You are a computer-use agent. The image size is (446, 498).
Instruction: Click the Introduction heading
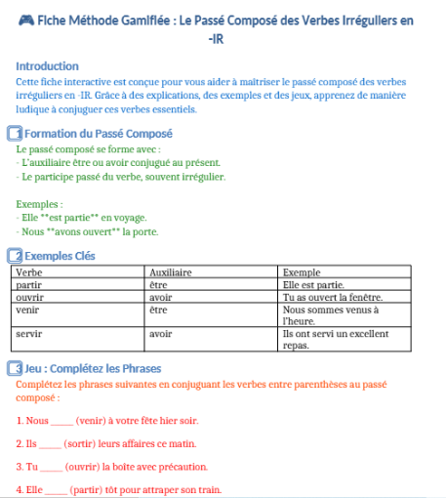click(x=48, y=65)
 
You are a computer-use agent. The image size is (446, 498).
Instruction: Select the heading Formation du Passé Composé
click(x=98, y=133)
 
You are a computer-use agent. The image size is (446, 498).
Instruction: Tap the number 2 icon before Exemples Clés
click(x=15, y=255)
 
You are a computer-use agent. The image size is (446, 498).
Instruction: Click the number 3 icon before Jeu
click(x=15, y=368)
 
